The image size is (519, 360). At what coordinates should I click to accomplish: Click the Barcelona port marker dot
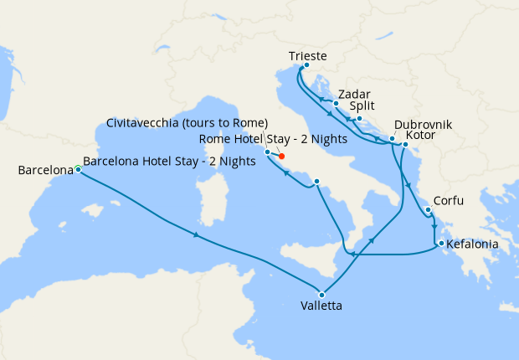(78, 169)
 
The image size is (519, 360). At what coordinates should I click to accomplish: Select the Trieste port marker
(306, 65)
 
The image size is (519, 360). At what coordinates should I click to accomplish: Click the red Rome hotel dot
(281, 156)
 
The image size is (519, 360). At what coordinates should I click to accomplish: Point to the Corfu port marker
(427, 211)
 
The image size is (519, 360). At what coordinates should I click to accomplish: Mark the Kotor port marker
(404, 145)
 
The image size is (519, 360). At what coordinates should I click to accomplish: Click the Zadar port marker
(335, 104)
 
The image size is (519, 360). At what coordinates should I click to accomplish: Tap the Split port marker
(359, 118)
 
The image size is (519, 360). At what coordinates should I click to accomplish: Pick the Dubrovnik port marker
(392, 138)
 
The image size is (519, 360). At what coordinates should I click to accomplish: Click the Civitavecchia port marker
(267, 152)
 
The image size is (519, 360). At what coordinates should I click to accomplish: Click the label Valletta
(321, 306)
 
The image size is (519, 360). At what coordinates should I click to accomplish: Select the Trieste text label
(307, 56)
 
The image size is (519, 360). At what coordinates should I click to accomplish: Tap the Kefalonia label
(474, 244)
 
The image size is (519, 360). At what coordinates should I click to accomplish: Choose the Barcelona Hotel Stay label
(170, 162)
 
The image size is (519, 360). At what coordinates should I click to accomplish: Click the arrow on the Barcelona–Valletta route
(196, 234)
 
